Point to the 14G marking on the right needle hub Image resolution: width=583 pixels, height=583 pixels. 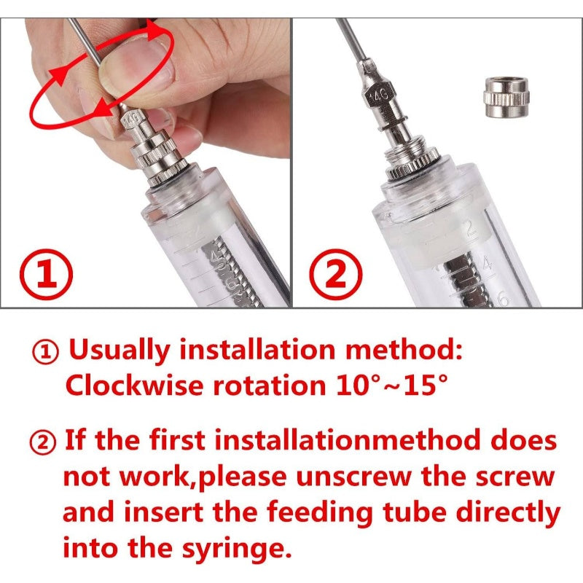[378, 96]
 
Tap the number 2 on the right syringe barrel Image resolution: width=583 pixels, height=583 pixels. [470, 228]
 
